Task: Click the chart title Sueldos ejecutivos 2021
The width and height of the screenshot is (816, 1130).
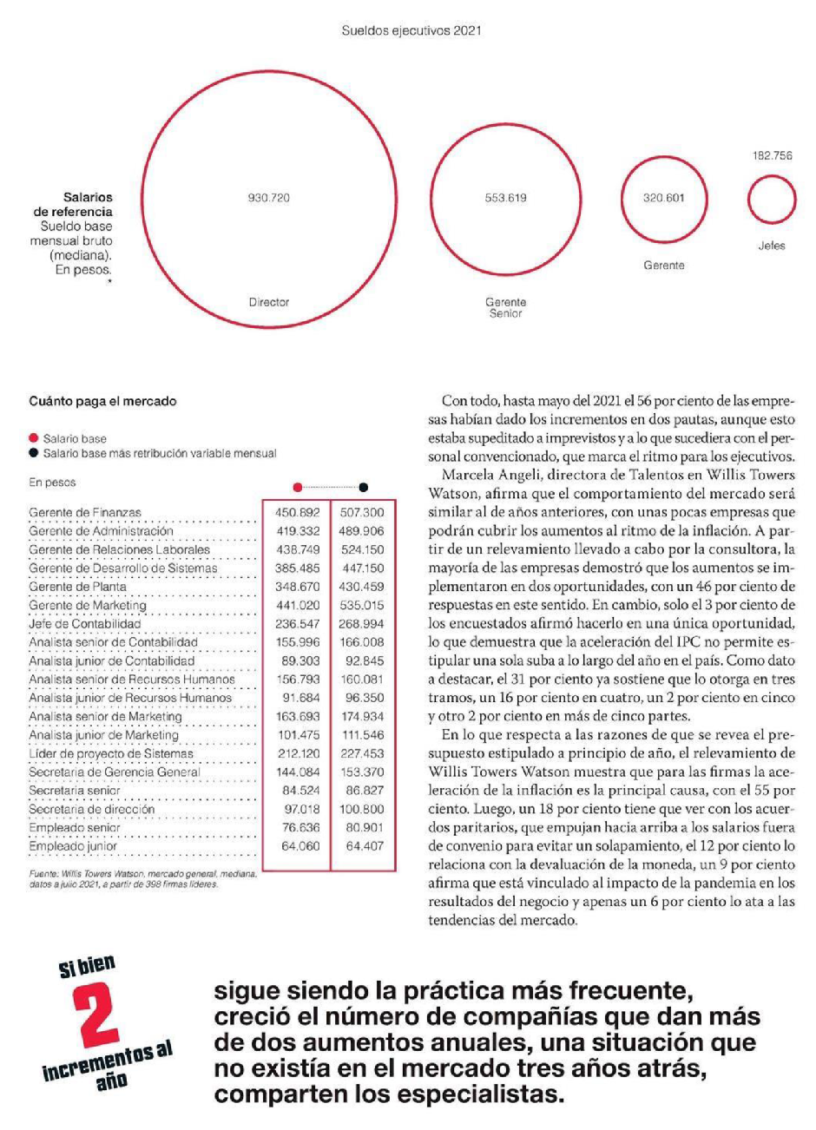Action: [411, 30]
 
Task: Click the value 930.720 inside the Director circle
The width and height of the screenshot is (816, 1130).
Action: [269, 198]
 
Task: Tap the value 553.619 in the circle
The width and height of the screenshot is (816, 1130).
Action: [505, 198]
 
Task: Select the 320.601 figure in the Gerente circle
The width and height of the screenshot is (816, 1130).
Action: [663, 198]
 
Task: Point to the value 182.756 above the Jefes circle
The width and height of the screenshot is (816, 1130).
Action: [772, 156]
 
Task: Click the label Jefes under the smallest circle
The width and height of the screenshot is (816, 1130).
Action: [772, 246]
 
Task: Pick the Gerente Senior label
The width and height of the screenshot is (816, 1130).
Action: [505, 307]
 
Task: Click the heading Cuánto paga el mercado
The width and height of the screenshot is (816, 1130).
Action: [102, 401]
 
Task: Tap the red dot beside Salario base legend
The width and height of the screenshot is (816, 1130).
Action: [34, 439]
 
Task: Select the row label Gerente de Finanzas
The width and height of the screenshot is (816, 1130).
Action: [85, 513]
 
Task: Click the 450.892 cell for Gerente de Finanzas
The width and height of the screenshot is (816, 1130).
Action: [298, 513]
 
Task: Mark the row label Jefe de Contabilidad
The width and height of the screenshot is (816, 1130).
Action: [84, 624]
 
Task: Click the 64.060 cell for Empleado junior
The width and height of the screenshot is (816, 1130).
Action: [301, 846]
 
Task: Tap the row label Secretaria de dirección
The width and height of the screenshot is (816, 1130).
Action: [91, 809]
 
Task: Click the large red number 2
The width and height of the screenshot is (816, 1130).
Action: [98, 1018]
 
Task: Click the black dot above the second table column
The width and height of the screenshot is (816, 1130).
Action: [363, 488]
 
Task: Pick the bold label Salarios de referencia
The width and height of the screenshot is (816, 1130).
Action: [74, 204]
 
